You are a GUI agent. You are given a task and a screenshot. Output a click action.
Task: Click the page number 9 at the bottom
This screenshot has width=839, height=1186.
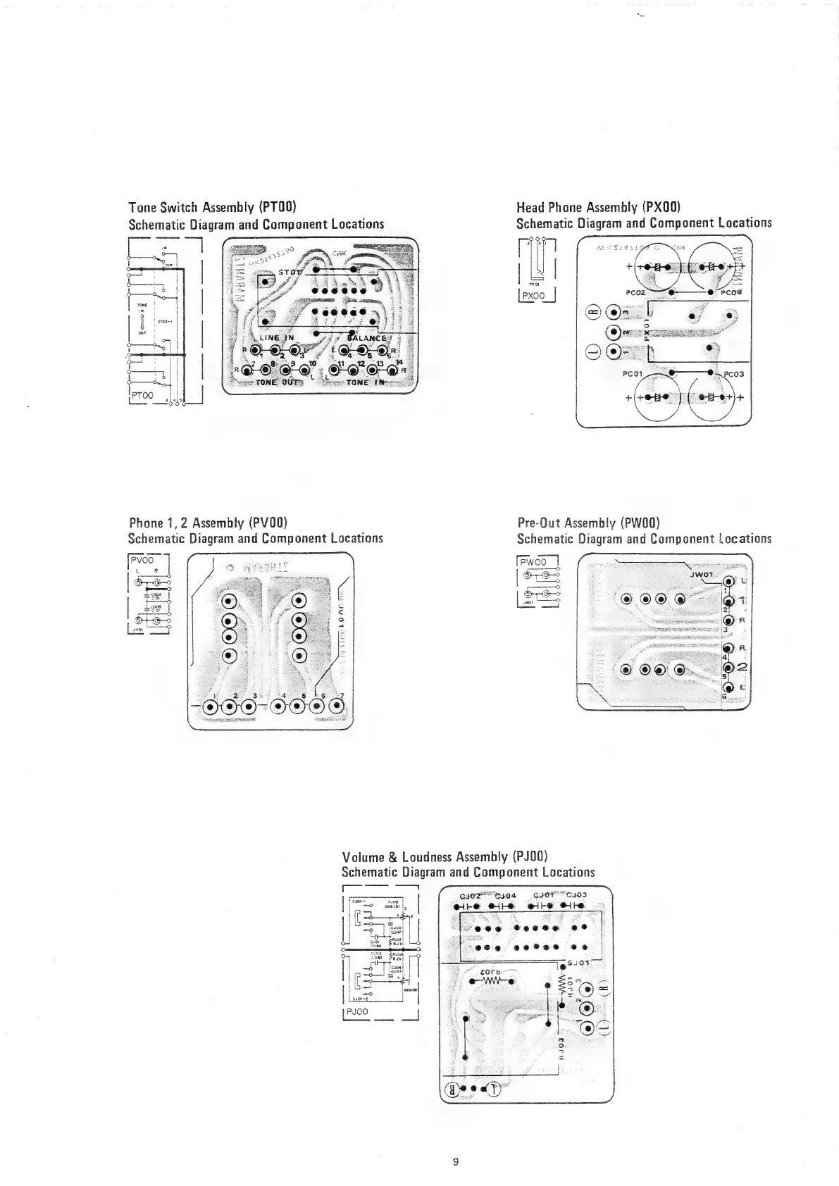[x=456, y=1161]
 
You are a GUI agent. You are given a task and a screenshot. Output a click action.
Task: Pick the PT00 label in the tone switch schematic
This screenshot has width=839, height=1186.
[x=144, y=396]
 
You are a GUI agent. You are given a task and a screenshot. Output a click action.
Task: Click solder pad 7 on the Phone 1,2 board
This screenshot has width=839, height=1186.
[x=343, y=709]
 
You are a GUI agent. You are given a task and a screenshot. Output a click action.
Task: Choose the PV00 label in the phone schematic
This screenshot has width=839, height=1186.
[x=143, y=561]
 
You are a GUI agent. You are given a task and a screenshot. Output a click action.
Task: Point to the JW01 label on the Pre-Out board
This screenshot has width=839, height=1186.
[x=702, y=573]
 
